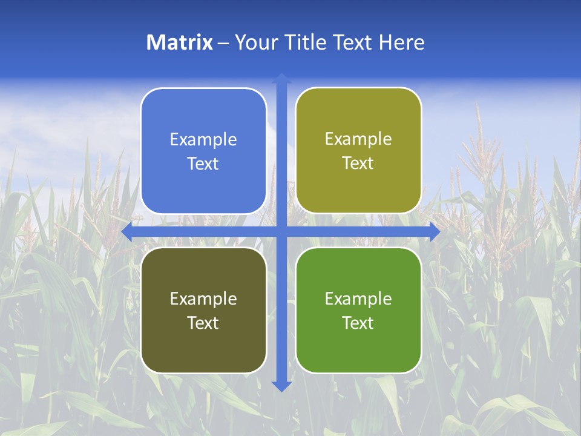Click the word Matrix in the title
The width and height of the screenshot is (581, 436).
pyautogui.click(x=179, y=42)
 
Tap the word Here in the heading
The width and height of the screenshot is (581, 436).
pyautogui.click(x=402, y=42)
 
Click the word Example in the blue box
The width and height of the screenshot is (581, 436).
pyautogui.click(x=203, y=140)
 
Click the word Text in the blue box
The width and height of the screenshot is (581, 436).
pyautogui.click(x=203, y=164)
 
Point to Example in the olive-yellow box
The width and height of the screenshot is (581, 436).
pyautogui.click(x=358, y=139)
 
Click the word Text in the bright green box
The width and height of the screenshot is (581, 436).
pyautogui.click(x=358, y=323)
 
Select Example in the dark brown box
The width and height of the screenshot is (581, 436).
pyautogui.click(x=203, y=299)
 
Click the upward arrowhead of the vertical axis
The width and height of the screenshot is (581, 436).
pyautogui.click(x=281, y=79)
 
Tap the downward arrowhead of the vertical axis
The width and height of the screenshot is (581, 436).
pyautogui.click(x=281, y=386)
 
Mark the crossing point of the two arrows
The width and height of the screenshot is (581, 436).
pyautogui.click(x=281, y=232)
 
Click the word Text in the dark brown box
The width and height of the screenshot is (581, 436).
pyautogui.click(x=203, y=323)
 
